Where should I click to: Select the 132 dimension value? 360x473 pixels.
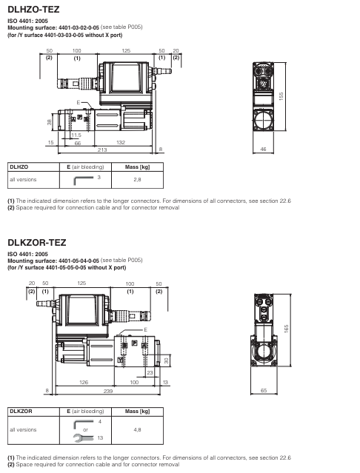click(x=119, y=142)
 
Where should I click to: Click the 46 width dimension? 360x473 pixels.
click(x=262, y=150)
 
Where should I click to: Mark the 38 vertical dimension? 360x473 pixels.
click(x=29, y=121)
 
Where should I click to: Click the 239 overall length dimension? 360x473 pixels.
click(x=107, y=389)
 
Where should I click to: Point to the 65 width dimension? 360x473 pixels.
click(x=262, y=389)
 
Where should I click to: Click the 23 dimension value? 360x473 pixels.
click(x=150, y=372)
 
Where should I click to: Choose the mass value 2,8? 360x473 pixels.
click(x=137, y=179)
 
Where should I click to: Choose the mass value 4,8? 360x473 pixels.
click(x=137, y=429)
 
